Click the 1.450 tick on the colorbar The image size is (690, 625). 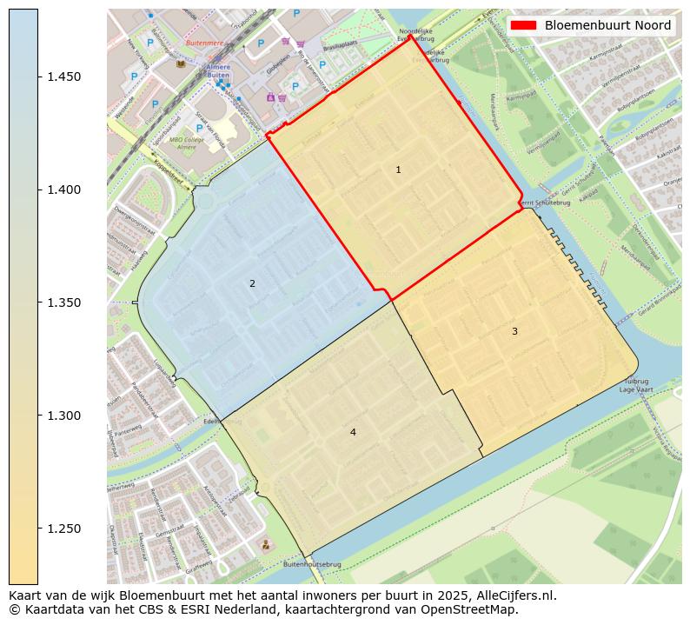(64, 76)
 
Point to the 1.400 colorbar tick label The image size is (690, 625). (64, 189)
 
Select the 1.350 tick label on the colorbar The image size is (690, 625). (64, 303)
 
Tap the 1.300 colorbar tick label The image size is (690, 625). (64, 416)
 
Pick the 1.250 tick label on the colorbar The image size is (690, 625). (64, 529)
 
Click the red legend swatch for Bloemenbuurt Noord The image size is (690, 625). (524, 25)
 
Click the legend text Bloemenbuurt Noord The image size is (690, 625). (607, 25)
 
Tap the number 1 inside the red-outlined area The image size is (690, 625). (398, 170)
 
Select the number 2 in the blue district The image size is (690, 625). (252, 283)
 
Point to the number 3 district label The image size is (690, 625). (514, 331)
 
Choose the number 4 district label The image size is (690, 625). (353, 432)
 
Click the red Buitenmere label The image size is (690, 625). (204, 42)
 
